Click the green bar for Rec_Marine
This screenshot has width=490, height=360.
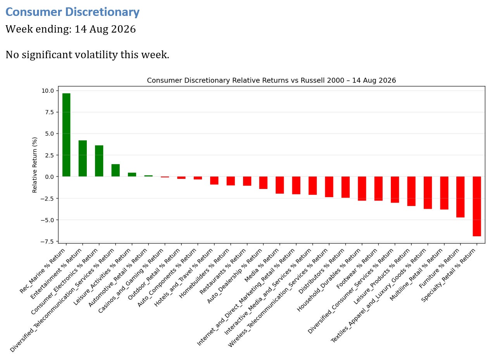pyautogui.click(x=66, y=135)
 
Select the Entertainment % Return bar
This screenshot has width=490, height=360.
pyautogui.click(x=83, y=158)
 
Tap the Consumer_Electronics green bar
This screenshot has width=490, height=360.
pyautogui.click(x=99, y=161)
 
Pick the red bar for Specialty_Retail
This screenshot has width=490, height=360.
pyautogui.click(x=477, y=206)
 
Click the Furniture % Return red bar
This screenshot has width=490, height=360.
pyautogui.click(x=460, y=197)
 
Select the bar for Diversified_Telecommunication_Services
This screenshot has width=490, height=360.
pyautogui.click(x=116, y=170)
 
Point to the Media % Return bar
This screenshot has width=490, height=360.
pyautogui.click(x=280, y=185)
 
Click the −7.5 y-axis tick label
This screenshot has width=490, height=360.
pyautogui.click(x=47, y=241)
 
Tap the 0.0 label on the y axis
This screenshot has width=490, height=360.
pyautogui.click(x=50, y=177)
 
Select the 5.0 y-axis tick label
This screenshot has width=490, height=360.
pyautogui.click(x=50, y=134)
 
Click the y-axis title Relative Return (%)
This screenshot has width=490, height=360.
pyautogui.click(x=35, y=165)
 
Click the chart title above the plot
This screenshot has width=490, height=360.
pyautogui.click(x=271, y=80)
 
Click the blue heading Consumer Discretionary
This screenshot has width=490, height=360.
pyautogui.click(x=72, y=12)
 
